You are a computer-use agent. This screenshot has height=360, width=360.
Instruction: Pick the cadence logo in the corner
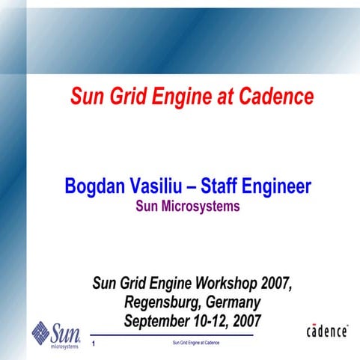coord(326,332)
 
